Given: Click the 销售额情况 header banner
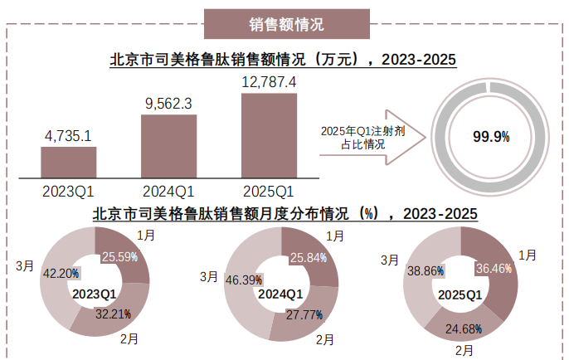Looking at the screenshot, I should pos(284,23).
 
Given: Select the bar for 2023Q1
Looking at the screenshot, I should pos(68,162).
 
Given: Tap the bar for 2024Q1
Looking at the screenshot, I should pos(168,146).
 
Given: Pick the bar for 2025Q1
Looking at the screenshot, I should pos(268,134).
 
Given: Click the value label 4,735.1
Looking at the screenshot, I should pos(68,136).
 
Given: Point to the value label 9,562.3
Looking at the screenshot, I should pos(168,104).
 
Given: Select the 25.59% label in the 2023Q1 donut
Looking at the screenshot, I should pos(119,258).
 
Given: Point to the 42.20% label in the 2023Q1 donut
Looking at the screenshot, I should pos(60,273).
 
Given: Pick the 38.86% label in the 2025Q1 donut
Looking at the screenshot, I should pos(423,271).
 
